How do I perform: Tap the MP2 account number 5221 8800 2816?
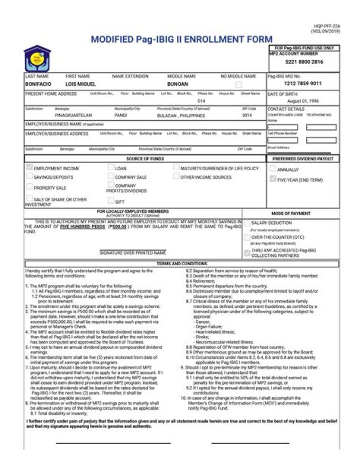[x=304, y=62]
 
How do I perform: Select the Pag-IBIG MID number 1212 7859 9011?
[x=302, y=84]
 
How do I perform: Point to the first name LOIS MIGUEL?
[x=80, y=84]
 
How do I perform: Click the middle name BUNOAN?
[x=177, y=84]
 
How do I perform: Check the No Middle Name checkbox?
[x=238, y=85]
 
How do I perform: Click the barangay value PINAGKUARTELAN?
[x=73, y=115]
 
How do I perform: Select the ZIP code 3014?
[x=247, y=115]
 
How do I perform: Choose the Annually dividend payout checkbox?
[x=272, y=169]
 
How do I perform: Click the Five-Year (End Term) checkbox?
[x=272, y=178]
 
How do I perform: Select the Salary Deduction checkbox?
[x=247, y=223]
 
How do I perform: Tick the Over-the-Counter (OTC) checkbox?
[x=247, y=237]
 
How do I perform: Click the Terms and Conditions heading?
[x=181, y=263]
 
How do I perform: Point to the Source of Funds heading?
[x=145, y=159]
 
